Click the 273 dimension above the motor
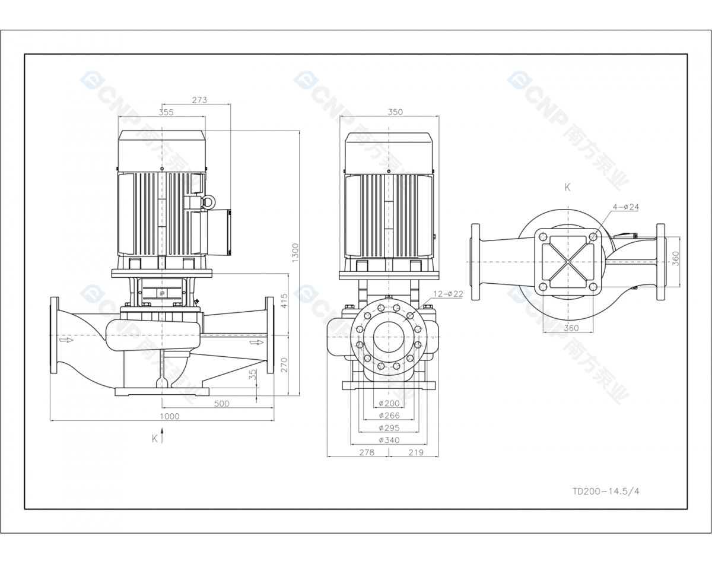coord(199,100)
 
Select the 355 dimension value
coord(167,112)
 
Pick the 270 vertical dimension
coord(284,365)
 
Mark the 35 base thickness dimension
coord(253,375)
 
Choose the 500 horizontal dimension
coord(221,404)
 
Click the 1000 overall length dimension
coord(170,416)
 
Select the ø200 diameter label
coord(389,404)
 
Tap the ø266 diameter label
coord(389,416)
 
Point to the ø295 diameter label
coord(389,427)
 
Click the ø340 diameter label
coord(389,440)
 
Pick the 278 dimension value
coord(367,452)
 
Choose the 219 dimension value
coord(416,452)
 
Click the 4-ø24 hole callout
coord(626,207)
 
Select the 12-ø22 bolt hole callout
coord(448,294)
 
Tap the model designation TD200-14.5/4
coord(606,491)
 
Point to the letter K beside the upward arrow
coord(155,439)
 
